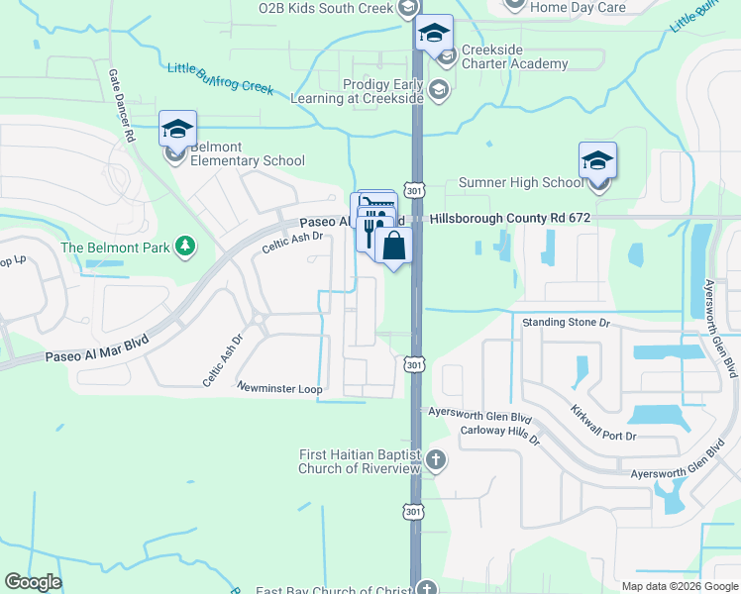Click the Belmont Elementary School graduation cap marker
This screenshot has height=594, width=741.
point(177,130)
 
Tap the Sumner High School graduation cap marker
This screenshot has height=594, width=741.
point(597,160)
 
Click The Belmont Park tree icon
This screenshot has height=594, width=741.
point(183,246)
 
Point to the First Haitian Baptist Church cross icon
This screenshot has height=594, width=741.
point(437,460)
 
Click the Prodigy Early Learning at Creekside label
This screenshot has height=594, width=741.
point(357,92)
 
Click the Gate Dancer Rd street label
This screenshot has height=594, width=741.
point(122,106)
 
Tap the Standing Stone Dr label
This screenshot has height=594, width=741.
point(567,323)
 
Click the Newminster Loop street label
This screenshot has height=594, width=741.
point(279,389)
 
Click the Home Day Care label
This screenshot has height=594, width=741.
point(578,7)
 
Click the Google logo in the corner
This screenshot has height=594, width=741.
point(33,582)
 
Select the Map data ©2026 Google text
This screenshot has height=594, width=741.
point(679,585)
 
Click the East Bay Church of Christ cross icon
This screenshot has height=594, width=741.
point(426,589)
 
